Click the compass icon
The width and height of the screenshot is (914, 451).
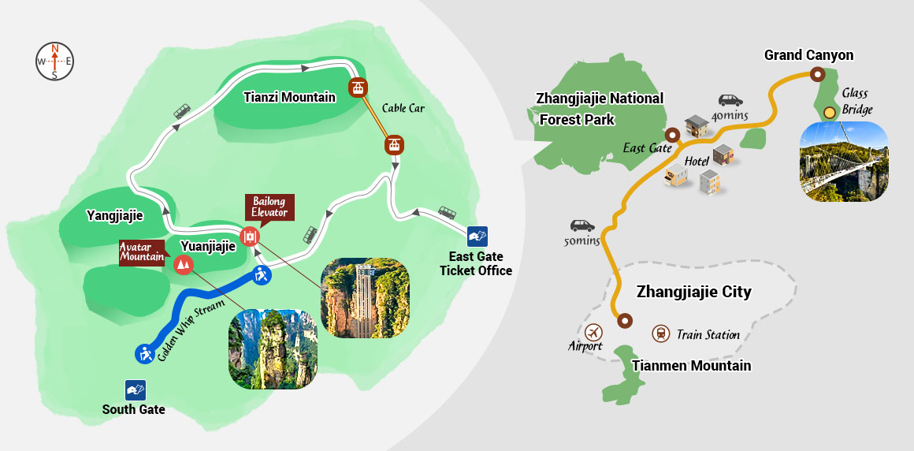tap(54, 61)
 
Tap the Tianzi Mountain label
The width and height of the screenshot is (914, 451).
tap(289, 97)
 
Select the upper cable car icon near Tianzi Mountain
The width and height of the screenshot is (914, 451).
tap(359, 88)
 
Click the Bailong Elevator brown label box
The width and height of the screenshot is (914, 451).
tap(269, 207)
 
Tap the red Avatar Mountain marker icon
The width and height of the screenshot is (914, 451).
tap(184, 265)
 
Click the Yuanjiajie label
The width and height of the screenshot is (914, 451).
tap(208, 246)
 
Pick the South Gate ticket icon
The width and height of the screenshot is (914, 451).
tap(135, 389)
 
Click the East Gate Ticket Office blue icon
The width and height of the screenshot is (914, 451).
tap(477, 236)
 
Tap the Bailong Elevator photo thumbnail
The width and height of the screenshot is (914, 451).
tap(365, 299)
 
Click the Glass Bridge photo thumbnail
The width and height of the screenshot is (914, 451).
tap(843, 161)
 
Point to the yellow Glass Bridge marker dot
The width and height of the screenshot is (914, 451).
tap(829, 113)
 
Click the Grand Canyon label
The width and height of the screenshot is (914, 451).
tap(808, 55)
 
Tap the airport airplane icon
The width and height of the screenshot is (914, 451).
tap(593, 331)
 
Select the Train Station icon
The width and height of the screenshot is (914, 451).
tap(660, 334)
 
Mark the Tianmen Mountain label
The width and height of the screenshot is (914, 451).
tap(691, 365)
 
